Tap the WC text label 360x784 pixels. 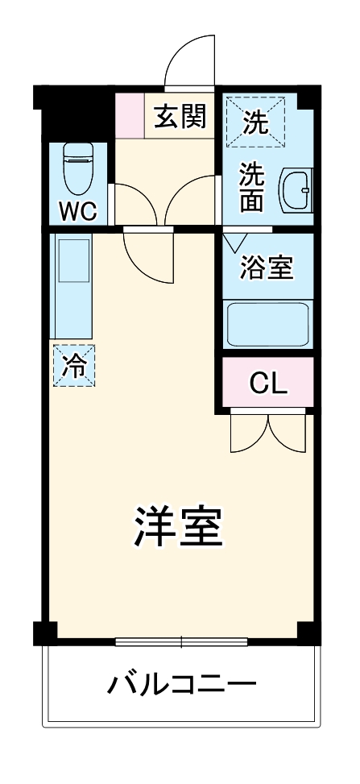click(77, 212)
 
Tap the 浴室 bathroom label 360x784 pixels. click(266, 267)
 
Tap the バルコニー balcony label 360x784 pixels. click(182, 686)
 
